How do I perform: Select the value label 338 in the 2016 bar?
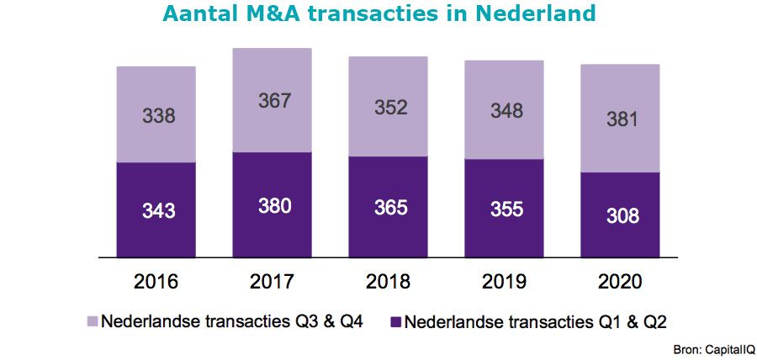tap(158, 115)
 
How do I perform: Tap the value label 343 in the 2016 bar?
tap(158, 210)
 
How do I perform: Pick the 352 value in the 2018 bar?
tap(389, 108)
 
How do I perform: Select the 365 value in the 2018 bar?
tap(389, 207)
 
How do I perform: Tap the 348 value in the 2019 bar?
tap(506, 110)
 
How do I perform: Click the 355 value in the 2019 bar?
tap(506, 209)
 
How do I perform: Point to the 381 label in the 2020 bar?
tap(622, 119)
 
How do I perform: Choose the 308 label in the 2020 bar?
tap(622, 215)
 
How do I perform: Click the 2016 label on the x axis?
tap(157, 280)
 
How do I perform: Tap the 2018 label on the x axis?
tap(389, 280)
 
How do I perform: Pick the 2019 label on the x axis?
tap(506, 280)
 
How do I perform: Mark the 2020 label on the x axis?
tap(622, 280)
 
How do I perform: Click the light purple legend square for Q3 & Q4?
tap(93, 321)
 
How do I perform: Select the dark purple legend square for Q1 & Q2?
tap(394, 321)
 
